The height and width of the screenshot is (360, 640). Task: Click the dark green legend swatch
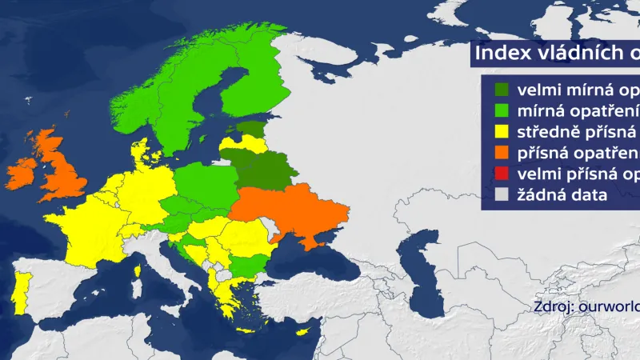point(502,90)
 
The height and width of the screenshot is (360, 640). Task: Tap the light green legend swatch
point(502,110)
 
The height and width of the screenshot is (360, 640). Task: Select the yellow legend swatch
point(502,132)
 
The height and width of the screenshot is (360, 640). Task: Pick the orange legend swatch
point(502,153)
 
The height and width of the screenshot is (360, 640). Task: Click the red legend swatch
point(502,174)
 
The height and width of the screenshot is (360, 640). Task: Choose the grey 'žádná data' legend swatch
point(502,194)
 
